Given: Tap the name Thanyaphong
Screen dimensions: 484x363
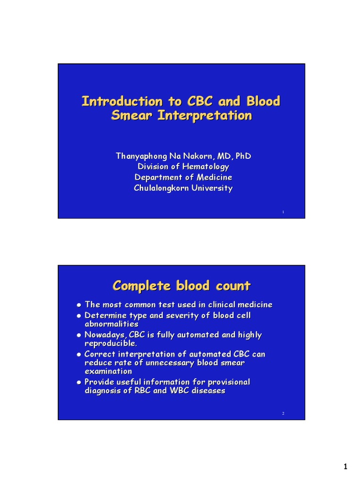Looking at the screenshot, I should pos(139,156).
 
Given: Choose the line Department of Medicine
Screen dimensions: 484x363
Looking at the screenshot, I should pos(183,177).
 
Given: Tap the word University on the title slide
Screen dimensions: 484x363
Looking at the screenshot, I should pos(211,188).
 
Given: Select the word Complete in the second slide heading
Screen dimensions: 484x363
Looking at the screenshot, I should pos(142,286).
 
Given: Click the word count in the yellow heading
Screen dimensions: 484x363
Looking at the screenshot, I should pos(233,286).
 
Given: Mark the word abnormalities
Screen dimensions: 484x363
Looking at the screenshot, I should pos(112,324).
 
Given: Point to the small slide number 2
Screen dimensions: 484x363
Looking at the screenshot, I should pos(283,414).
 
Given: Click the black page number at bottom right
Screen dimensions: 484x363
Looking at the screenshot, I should pos(346,467).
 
